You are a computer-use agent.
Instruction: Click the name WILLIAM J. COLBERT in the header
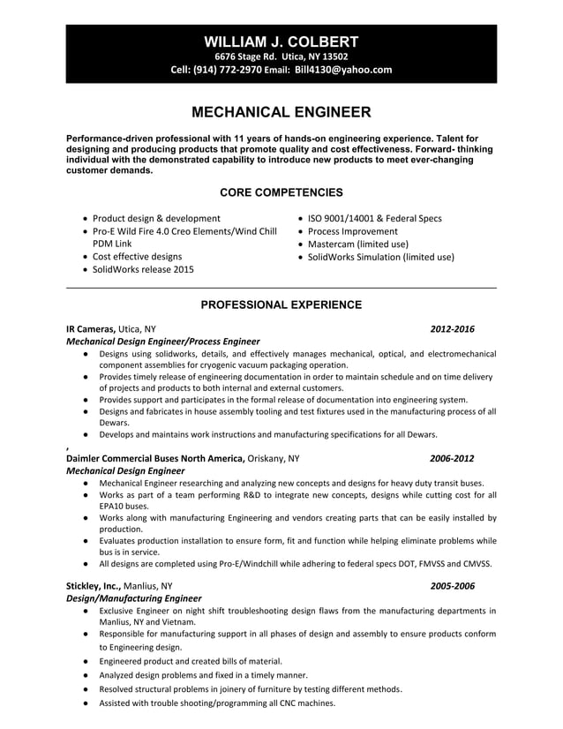(281, 41)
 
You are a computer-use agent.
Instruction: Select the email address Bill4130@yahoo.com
(343, 70)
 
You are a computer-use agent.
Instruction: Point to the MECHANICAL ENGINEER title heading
(281, 112)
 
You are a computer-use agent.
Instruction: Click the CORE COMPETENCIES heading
(281, 192)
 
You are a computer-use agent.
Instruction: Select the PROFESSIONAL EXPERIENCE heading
(281, 304)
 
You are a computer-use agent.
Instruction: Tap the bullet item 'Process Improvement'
(351, 231)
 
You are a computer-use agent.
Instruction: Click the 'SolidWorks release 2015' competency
(143, 269)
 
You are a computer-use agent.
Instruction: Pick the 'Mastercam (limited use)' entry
(357, 244)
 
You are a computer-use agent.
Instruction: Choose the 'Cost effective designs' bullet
(137, 257)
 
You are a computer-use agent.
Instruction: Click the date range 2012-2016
(452, 329)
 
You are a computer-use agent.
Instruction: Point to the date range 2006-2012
(452, 458)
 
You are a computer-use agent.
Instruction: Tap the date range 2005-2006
(452, 585)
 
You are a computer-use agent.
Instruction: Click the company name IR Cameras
(90, 329)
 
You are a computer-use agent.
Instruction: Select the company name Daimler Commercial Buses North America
(155, 458)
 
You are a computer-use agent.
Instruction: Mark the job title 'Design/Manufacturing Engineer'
(134, 597)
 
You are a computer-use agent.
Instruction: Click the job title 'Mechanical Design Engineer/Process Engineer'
(163, 342)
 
